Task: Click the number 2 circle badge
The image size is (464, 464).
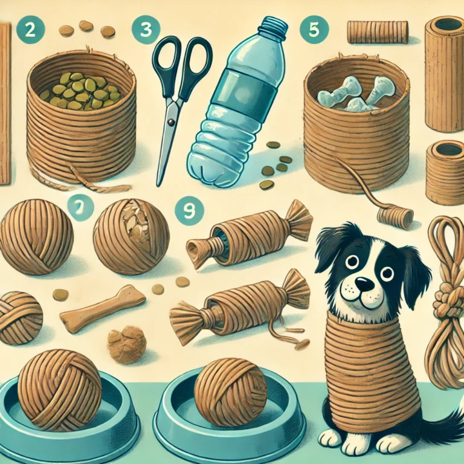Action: pyautogui.click(x=30, y=30)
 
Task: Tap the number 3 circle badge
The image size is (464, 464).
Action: pyautogui.click(x=146, y=30)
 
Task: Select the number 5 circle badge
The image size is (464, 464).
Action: pyautogui.click(x=314, y=30)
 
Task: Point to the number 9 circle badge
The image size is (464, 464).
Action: pyautogui.click(x=189, y=211)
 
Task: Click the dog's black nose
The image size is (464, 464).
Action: pyautogui.click(x=364, y=284)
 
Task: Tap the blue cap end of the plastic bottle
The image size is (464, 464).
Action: pyautogui.click(x=274, y=26)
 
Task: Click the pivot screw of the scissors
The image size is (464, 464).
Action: pyautogui.click(x=170, y=122)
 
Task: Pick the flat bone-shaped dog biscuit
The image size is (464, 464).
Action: pyautogui.click(x=102, y=309)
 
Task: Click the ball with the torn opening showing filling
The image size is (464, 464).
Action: pyautogui.click(x=131, y=237)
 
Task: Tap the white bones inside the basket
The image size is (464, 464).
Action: pyautogui.click(x=356, y=94)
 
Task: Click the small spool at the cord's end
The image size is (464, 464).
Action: pyautogui.click(x=395, y=217)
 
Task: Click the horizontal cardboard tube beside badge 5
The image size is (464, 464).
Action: pyautogui.click(x=378, y=31)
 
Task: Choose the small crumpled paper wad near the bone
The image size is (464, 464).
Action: pyautogui.click(x=127, y=345)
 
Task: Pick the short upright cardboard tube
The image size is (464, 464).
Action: pyautogui.click(x=445, y=173)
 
